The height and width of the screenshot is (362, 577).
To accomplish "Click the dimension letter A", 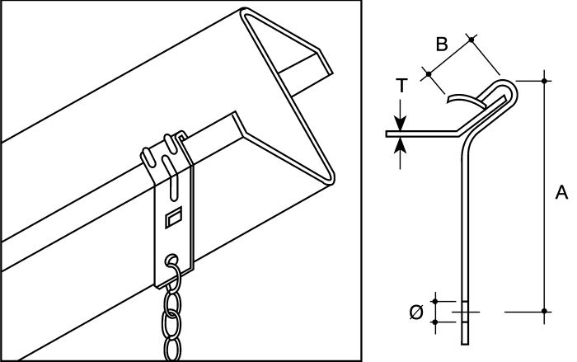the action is (x=561, y=192).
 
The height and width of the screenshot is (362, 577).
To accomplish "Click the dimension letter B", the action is (x=442, y=44).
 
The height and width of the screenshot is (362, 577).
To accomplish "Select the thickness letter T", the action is (x=401, y=86).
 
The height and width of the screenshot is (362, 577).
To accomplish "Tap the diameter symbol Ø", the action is (x=416, y=313).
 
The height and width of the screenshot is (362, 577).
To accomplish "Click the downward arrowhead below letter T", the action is (x=401, y=124).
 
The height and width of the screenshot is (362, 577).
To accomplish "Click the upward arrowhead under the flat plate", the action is (x=401, y=144).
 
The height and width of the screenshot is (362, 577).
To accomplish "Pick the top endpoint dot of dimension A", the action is (x=545, y=81).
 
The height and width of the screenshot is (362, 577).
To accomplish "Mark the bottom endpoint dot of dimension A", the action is (x=545, y=312).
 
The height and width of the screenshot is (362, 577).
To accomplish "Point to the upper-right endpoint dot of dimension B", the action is (x=471, y=39).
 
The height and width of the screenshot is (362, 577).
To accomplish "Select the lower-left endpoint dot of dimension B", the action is (x=429, y=74).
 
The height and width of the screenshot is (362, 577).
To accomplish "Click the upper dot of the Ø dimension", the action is (x=436, y=301).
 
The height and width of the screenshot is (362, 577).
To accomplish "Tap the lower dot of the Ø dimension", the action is (x=436, y=322).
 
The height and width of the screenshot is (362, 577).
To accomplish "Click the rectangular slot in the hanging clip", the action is (x=173, y=217).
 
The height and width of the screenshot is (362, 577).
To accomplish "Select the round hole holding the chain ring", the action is (x=171, y=259).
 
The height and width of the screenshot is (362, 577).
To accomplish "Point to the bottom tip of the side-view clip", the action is (x=465, y=344).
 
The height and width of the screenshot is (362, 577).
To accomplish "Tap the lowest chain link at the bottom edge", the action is (x=172, y=350).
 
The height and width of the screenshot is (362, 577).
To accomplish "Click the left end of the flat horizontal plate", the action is (x=387, y=134).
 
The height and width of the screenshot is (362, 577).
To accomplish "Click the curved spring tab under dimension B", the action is (x=467, y=99).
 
